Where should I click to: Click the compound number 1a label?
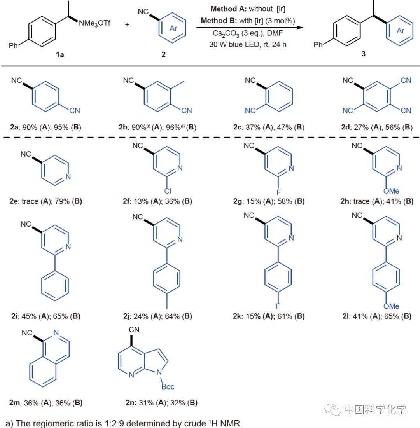(59, 54)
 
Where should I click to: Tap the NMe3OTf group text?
(94, 24)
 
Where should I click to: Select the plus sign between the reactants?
(127, 24)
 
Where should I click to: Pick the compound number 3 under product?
(363, 54)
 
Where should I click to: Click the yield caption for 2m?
(46, 403)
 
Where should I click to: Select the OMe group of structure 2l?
(391, 306)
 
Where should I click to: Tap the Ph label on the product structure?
(318, 45)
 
